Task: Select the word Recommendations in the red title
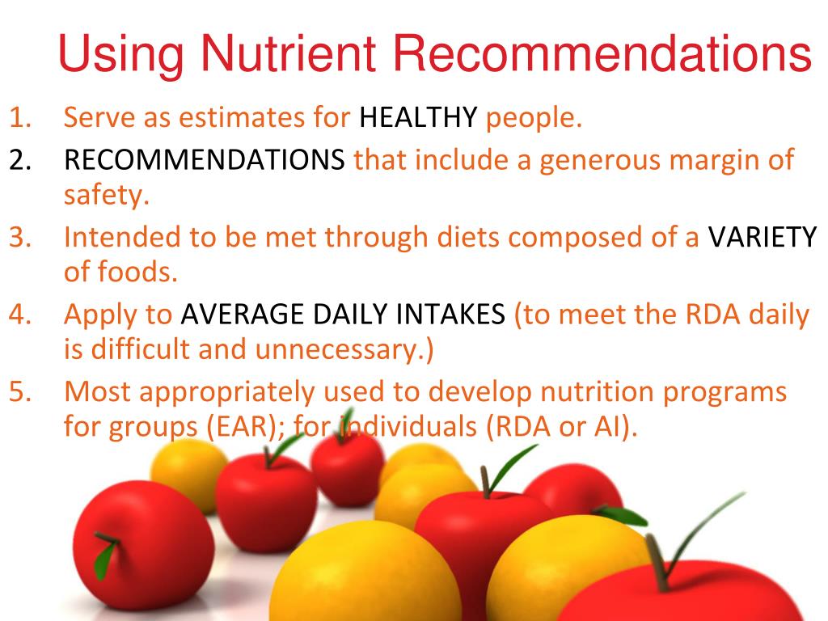point(602,55)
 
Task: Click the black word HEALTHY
point(418,119)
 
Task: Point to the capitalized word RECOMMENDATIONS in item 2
point(205,160)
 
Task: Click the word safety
point(105,194)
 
